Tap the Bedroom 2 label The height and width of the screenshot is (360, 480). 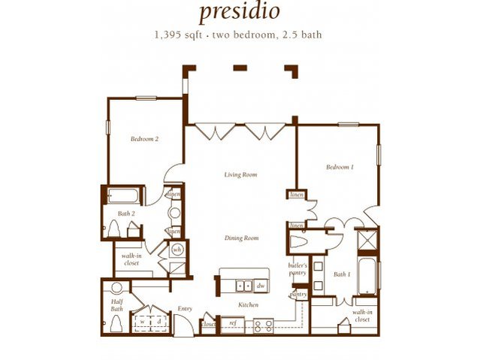pyautogui.click(x=144, y=138)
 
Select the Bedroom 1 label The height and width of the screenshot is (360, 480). pyautogui.click(x=340, y=167)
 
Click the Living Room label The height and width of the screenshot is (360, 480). pyautogui.click(x=240, y=174)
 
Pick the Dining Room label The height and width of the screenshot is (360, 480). pyautogui.click(x=241, y=237)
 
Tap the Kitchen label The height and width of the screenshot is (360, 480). pyautogui.click(x=249, y=304)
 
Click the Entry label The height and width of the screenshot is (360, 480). pyautogui.click(x=185, y=308)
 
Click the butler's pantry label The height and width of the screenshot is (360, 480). pyautogui.click(x=298, y=268)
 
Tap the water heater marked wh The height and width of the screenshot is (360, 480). pyautogui.click(x=178, y=249)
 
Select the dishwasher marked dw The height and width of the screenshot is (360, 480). pyautogui.click(x=260, y=286)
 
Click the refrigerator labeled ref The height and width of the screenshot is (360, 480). pyautogui.click(x=233, y=324)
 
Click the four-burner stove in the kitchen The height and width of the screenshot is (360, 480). pyautogui.click(x=262, y=325)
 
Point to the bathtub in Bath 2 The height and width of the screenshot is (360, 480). pyautogui.click(x=122, y=197)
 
